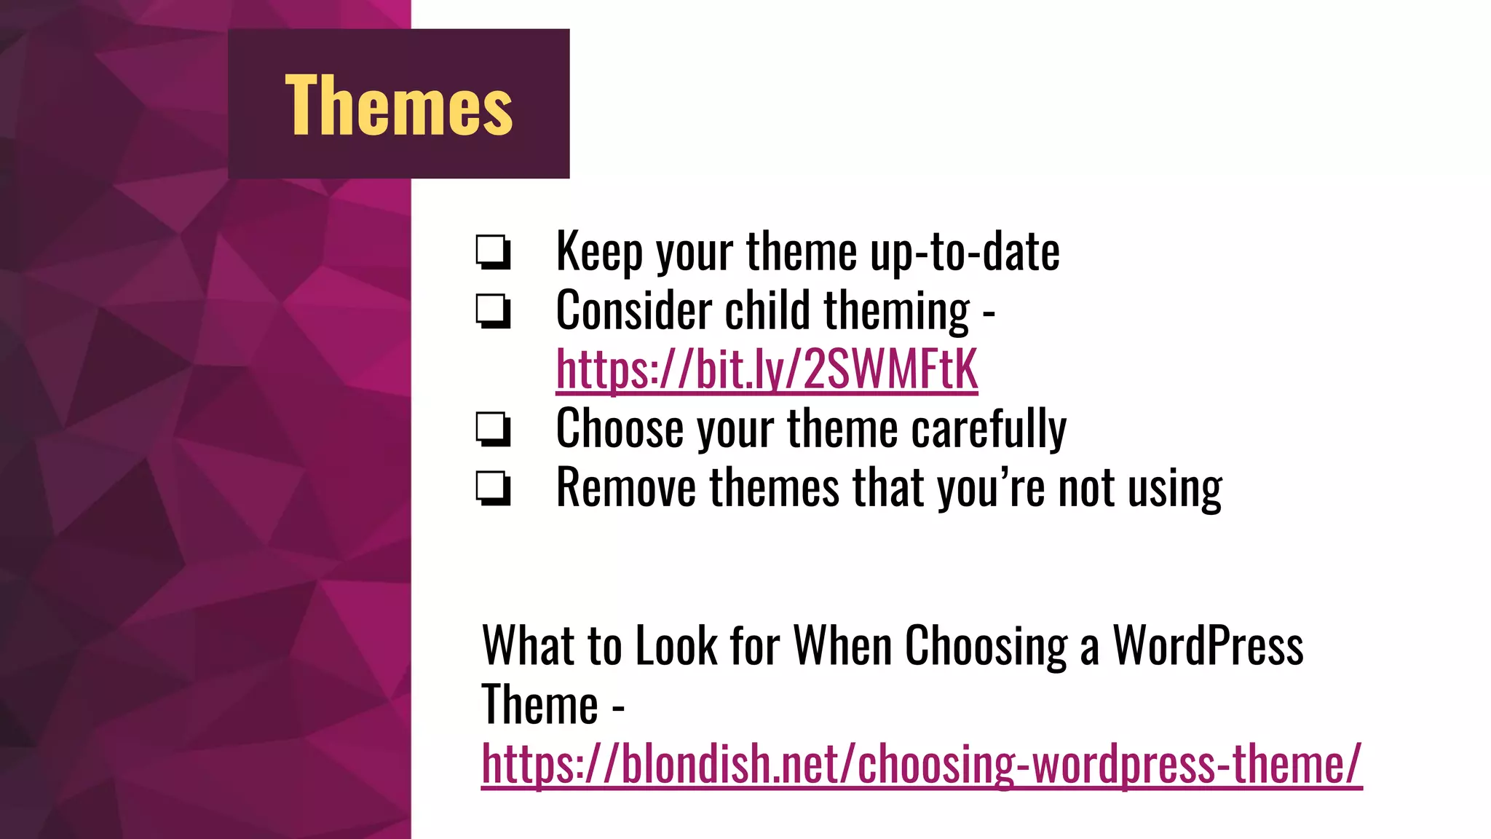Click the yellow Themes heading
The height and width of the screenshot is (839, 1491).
point(399,106)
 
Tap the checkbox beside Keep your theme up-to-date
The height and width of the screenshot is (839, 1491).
point(493,252)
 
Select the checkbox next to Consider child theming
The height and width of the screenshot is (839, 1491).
point(493,311)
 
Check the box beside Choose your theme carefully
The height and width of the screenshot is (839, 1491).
point(493,429)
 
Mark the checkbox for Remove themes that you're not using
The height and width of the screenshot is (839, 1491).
point(493,488)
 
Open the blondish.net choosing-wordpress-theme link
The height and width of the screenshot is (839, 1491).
point(921,764)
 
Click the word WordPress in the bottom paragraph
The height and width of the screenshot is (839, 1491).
point(1208,646)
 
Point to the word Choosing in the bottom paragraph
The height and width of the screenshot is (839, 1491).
point(986,646)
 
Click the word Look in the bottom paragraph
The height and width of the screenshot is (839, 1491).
point(676,646)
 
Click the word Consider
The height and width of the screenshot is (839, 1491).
point(633,311)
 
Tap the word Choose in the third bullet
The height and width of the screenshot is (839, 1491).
point(620,429)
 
